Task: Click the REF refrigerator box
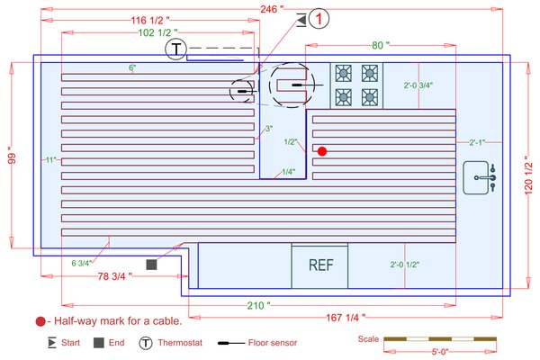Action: [321, 265]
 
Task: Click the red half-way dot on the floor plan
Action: [321, 151]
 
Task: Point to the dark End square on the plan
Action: [152, 265]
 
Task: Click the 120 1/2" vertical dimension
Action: [529, 164]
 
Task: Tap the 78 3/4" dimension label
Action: [114, 278]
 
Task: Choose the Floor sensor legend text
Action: [273, 343]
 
